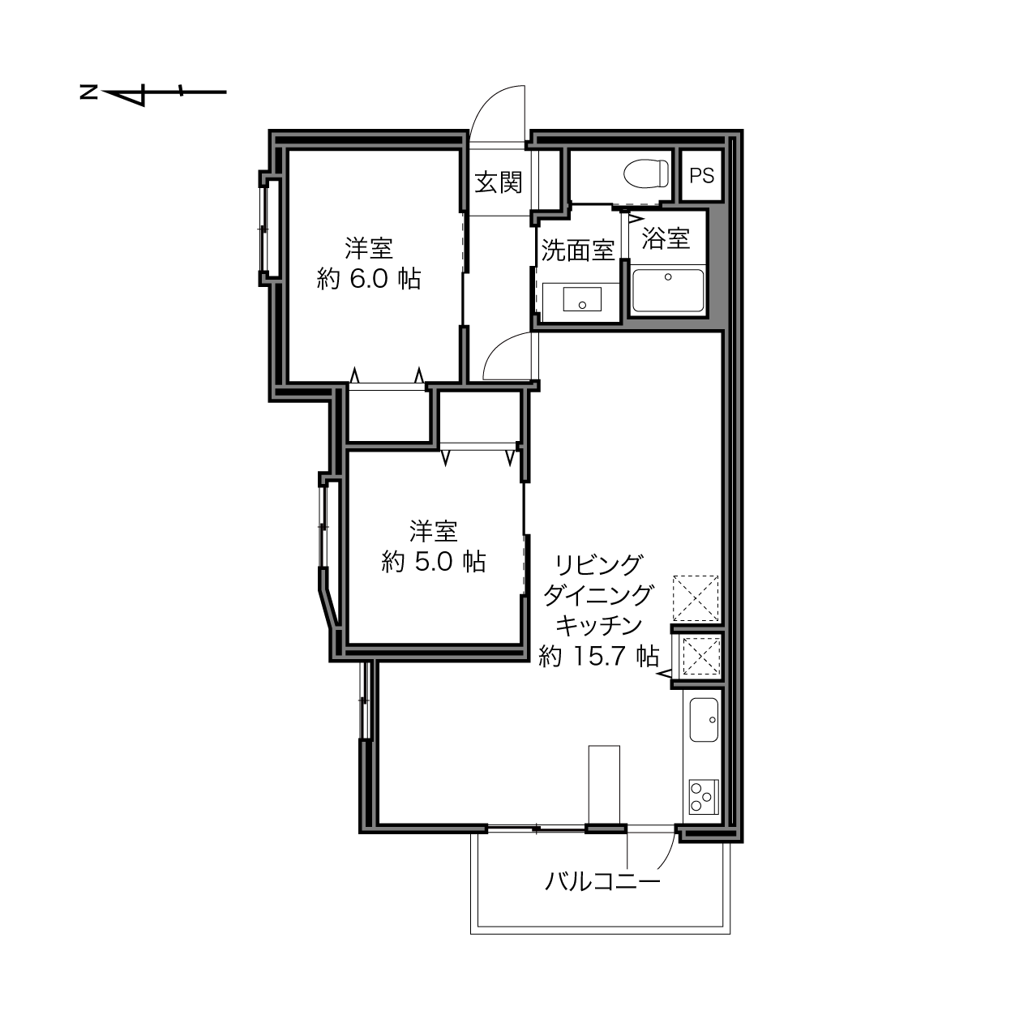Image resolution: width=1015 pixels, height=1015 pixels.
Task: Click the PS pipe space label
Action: pos(701,175)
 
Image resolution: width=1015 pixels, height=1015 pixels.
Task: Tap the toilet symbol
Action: pos(646,173)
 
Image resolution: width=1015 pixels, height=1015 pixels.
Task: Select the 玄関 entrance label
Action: pos(499,182)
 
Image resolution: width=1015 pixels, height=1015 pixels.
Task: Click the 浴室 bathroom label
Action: pos(666,238)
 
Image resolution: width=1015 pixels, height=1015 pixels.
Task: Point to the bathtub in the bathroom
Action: pos(668,290)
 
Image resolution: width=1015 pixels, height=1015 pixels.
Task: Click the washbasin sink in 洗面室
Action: pos(582,298)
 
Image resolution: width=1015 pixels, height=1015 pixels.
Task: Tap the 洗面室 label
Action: pos(578,251)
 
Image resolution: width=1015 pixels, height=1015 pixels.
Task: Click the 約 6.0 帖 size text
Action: pos(369,279)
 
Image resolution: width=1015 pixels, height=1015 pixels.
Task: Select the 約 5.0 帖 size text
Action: pos(434,562)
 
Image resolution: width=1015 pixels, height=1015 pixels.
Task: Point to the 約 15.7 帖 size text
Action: pos(599,657)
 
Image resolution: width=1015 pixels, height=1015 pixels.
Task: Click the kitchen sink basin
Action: pos(704,720)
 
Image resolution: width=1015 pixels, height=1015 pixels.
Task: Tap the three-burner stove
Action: pos(704,797)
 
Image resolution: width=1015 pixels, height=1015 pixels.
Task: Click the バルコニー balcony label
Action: pos(602,881)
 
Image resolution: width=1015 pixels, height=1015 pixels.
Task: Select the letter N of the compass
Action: pos(88,92)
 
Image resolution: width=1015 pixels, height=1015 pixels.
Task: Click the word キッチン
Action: pos(599,626)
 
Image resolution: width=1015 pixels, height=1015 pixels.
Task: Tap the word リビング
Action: pos(599,565)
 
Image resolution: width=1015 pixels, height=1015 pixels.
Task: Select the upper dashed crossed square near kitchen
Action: pos(696,598)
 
